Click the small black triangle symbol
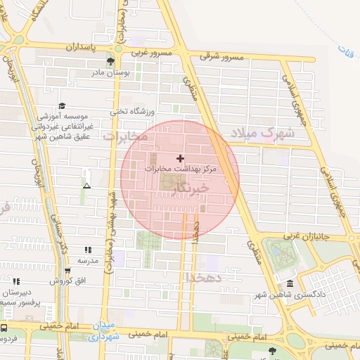pyautogui.click(x=86, y=186)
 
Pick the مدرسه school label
pyautogui.click(x=87, y=260)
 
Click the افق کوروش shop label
pyautogui.click(x=67, y=281)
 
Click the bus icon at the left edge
pyautogui.click(x=4, y=328)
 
